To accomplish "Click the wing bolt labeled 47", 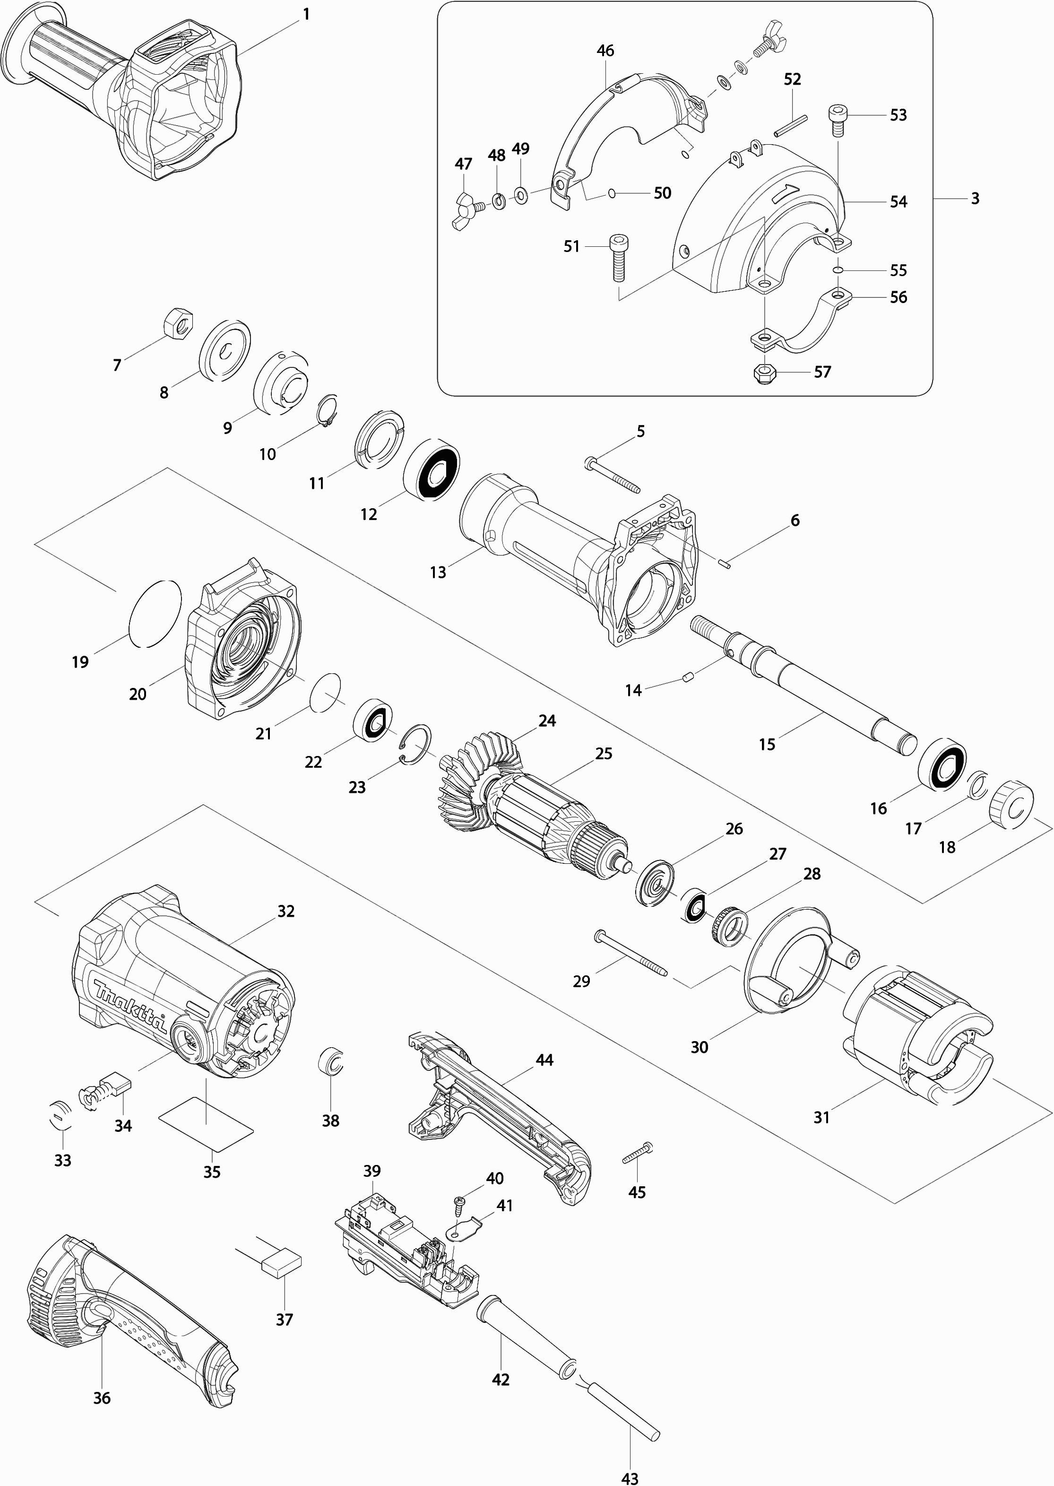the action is click(467, 211).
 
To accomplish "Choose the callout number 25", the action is click(604, 753).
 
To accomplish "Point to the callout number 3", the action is click(975, 198).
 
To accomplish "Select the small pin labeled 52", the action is click(790, 126).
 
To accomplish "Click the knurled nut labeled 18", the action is click(1010, 803).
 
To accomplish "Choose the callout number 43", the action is click(630, 1474).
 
